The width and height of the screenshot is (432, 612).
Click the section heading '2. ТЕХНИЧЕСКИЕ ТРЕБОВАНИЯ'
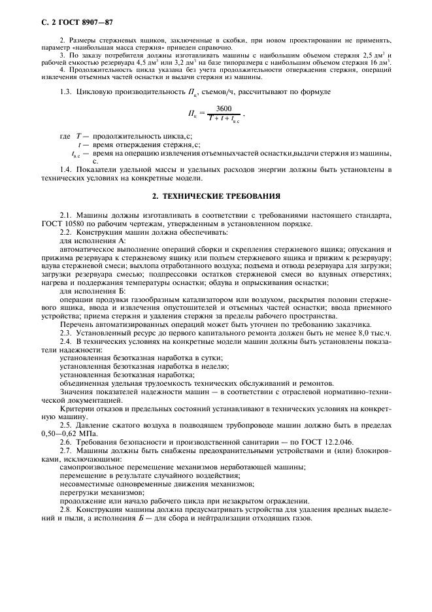(x=216, y=195)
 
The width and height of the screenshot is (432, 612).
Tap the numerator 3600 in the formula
(x=224, y=109)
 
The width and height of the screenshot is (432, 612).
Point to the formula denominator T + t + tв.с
(x=224, y=120)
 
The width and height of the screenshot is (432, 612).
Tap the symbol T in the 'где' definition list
(x=79, y=134)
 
